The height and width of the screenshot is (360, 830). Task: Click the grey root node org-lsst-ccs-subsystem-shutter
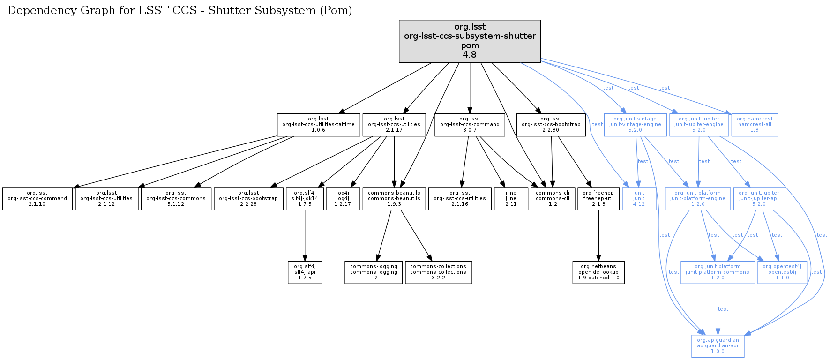click(x=470, y=41)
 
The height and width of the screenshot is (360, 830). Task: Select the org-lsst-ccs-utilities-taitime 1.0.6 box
click(x=318, y=125)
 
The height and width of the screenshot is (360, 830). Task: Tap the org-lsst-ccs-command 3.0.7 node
click(x=470, y=125)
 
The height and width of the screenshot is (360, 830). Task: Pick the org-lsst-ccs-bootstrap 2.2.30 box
click(x=551, y=125)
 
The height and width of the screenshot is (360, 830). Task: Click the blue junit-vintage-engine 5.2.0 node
click(x=635, y=125)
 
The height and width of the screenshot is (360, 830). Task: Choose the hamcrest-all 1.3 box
click(x=755, y=125)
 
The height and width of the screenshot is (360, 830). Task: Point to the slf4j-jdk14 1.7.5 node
click(x=305, y=199)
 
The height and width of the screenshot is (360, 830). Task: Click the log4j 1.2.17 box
click(x=343, y=199)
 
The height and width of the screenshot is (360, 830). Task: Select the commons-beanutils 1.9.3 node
click(x=394, y=199)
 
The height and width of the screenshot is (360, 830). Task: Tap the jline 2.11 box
click(x=511, y=199)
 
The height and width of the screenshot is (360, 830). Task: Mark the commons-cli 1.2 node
click(x=553, y=199)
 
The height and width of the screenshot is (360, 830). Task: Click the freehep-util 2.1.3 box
click(x=598, y=199)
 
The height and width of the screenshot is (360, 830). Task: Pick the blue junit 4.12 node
click(x=639, y=199)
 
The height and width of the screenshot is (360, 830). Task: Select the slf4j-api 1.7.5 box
click(x=305, y=272)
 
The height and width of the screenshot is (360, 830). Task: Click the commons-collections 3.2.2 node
click(x=438, y=272)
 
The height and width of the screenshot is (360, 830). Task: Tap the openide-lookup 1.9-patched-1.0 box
click(x=598, y=272)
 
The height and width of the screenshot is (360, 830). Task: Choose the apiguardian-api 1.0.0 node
click(x=718, y=346)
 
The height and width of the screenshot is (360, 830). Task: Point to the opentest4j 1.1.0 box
click(x=782, y=272)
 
